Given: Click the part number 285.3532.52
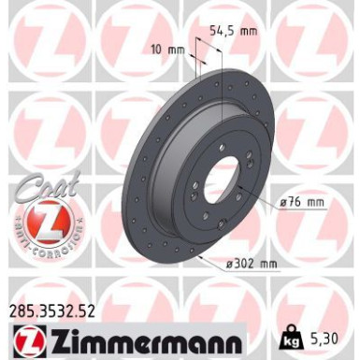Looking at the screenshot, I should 51,303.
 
